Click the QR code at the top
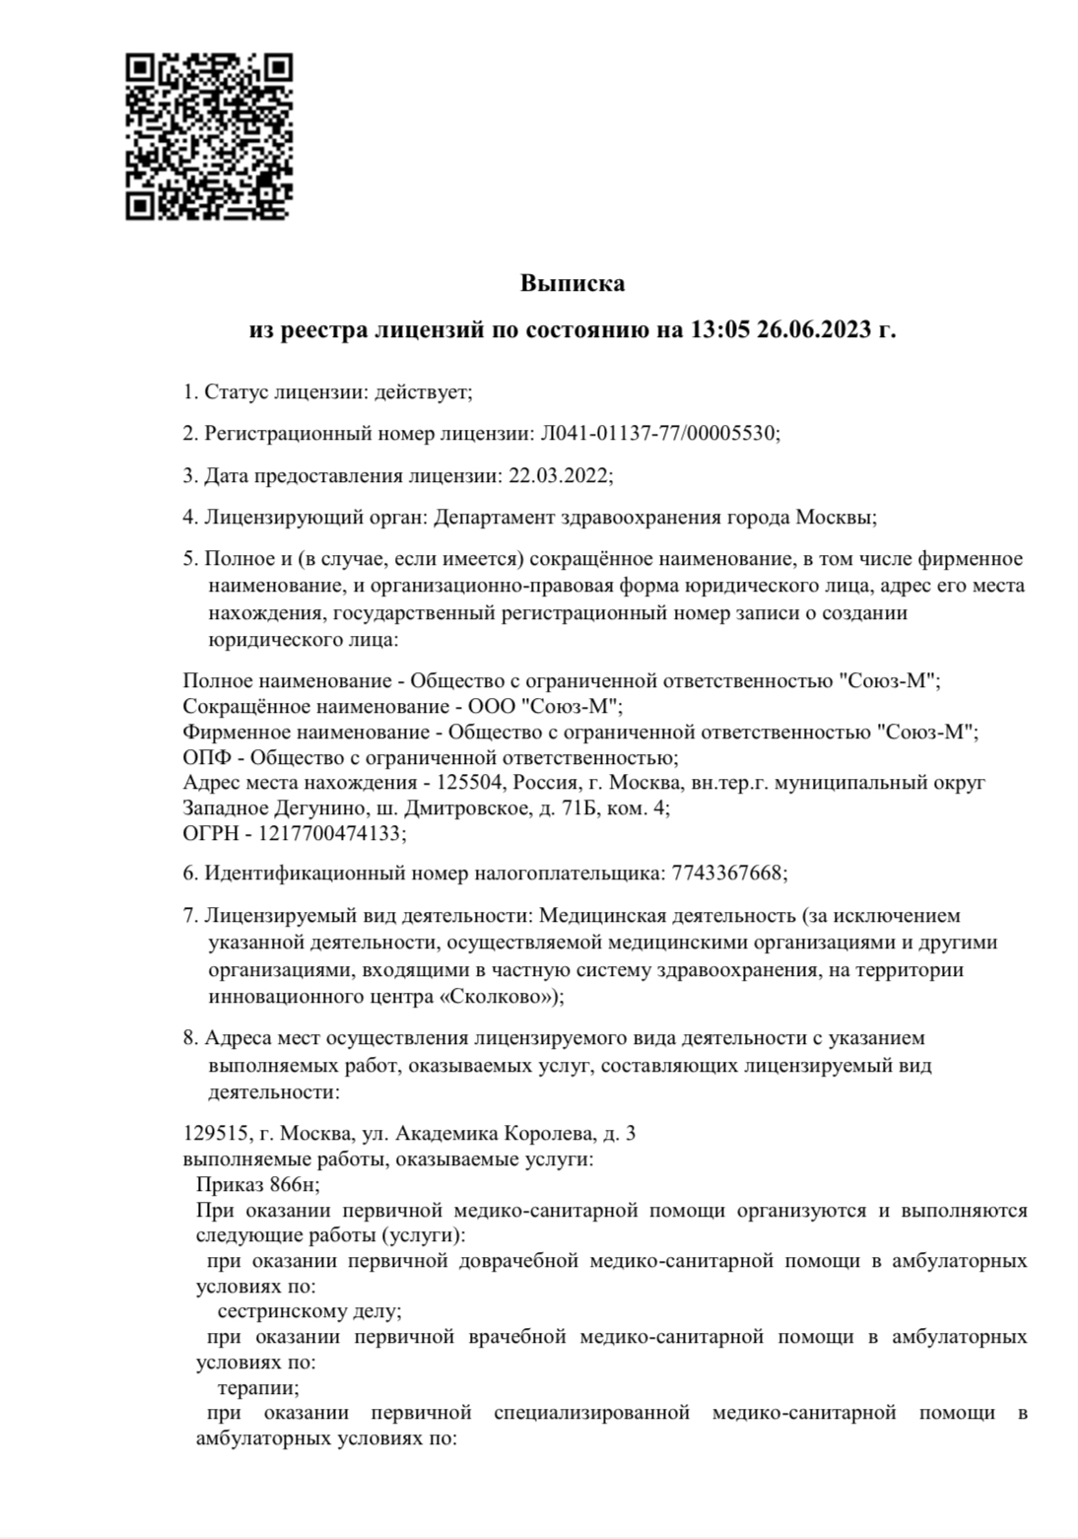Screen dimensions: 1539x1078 click(209, 136)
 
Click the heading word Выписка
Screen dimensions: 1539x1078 click(573, 284)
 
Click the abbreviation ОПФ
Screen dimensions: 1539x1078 click(205, 757)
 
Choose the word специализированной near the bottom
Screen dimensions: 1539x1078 click(590, 1414)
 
